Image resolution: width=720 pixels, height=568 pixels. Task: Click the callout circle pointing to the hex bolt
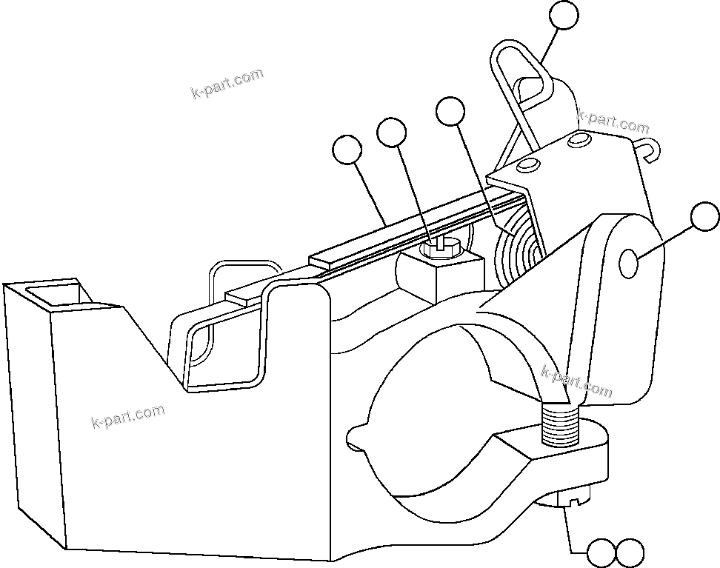point(391,133)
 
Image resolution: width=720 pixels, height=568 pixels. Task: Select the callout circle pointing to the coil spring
point(450,112)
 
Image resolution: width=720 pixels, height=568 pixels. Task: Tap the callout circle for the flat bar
point(347,151)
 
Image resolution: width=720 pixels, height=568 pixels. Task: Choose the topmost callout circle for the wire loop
point(565,16)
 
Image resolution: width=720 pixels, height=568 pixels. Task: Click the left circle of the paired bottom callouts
point(601,552)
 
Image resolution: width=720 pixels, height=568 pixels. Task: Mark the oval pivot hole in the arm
point(628,263)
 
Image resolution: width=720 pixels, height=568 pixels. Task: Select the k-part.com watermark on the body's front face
point(127,417)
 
